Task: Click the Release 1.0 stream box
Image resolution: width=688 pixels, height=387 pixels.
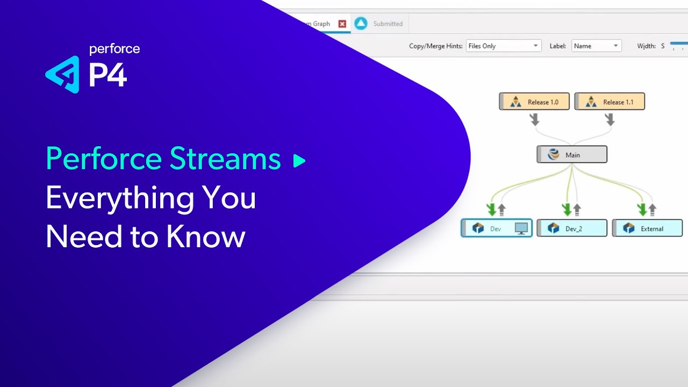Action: click(534, 102)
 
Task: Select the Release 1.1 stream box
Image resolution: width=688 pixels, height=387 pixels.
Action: click(610, 102)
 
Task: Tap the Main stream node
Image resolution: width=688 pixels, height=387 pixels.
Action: click(572, 155)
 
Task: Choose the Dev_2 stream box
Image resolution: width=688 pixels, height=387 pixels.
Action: click(572, 228)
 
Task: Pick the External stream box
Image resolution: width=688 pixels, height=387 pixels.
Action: click(647, 228)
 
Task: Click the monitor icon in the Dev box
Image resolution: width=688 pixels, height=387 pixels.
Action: click(521, 228)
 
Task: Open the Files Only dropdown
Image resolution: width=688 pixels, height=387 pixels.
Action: click(503, 46)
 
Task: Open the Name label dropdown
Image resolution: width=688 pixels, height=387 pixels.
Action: click(596, 46)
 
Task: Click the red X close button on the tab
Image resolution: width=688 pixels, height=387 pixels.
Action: click(342, 24)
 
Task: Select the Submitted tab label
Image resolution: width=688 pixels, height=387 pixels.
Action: click(388, 24)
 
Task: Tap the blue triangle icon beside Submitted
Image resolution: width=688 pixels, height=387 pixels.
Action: click(361, 24)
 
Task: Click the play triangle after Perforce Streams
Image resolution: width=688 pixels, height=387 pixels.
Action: click(299, 160)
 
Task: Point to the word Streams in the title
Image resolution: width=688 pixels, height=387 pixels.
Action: click(225, 159)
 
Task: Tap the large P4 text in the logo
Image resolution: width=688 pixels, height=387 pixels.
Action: click(107, 75)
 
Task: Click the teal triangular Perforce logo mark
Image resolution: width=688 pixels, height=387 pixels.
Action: click(63, 75)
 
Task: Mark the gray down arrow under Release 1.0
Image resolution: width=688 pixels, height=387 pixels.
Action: click(534, 119)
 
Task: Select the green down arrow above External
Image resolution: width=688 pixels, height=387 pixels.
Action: click(641, 209)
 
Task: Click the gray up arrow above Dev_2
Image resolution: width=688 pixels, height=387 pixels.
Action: click(577, 209)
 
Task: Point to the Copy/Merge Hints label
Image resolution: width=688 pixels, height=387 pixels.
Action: click(435, 46)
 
